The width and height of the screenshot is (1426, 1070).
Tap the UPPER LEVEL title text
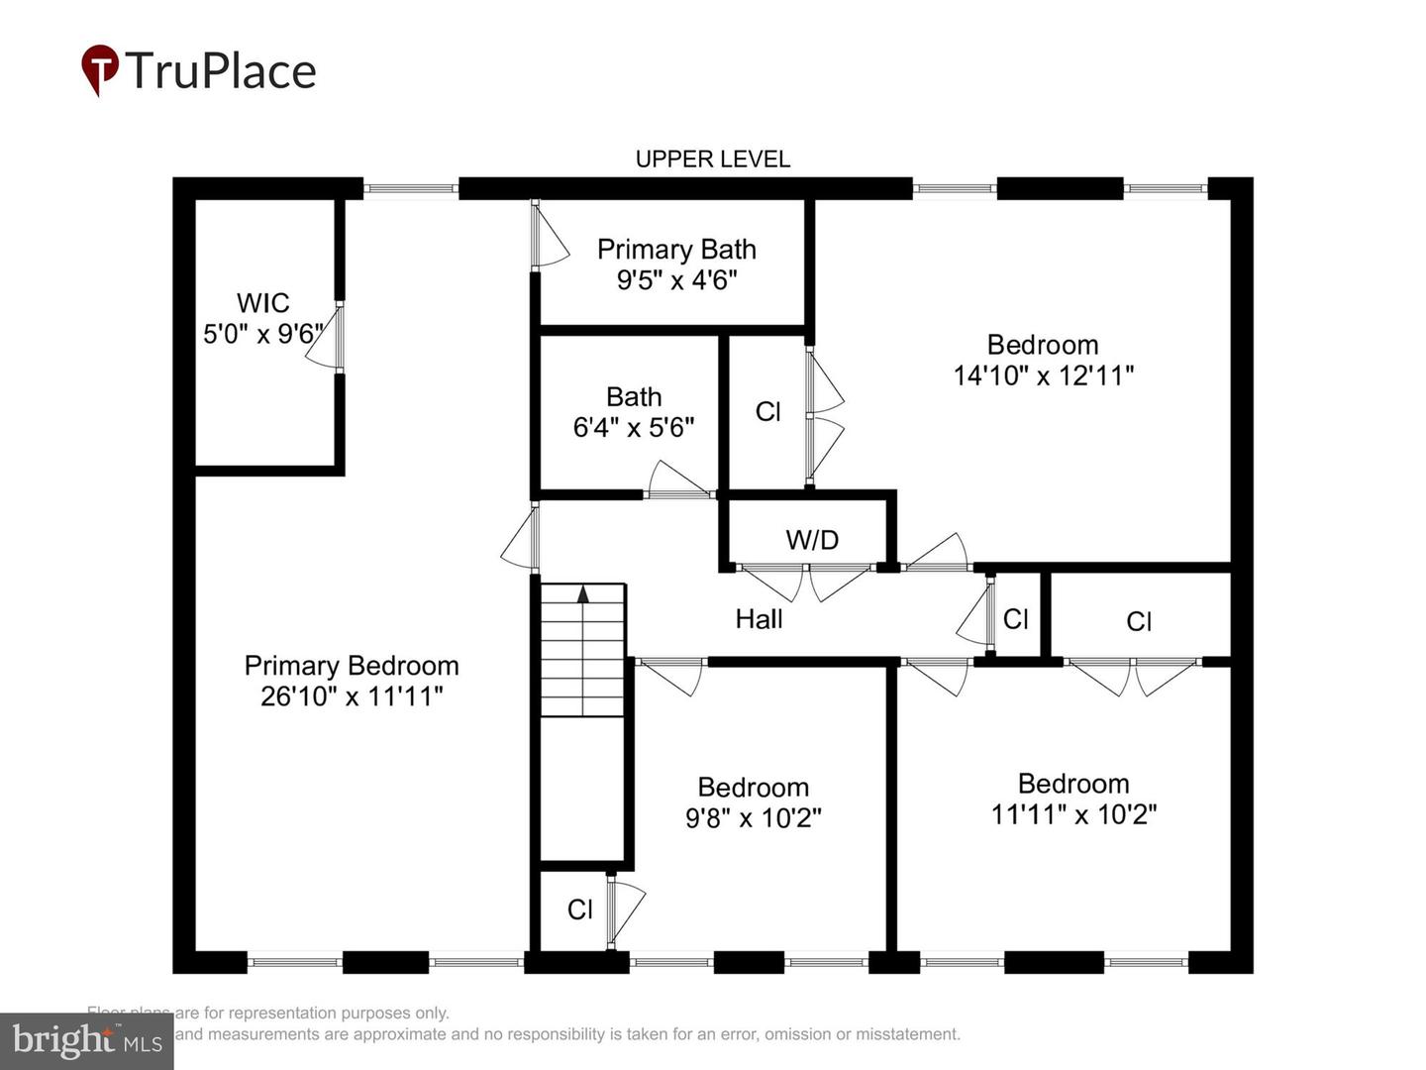[x=712, y=159]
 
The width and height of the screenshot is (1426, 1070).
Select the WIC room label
[x=262, y=302]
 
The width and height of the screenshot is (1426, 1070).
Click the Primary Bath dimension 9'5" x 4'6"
[x=676, y=280]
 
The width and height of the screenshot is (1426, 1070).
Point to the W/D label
[x=812, y=540]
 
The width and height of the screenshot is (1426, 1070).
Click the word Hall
[x=759, y=619]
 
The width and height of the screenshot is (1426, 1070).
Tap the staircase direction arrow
[x=583, y=593]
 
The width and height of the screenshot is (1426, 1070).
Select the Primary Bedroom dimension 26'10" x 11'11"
[x=352, y=696]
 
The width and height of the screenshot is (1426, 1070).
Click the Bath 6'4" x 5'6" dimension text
[x=634, y=427]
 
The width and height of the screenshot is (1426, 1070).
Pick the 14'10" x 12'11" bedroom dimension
[x=1043, y=375]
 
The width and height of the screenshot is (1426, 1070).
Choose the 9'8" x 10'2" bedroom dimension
[x=754, y=818]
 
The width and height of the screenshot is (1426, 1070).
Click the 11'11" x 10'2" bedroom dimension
[x=1073, y=814]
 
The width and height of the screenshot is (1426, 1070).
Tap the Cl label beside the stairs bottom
[x=580, y=909]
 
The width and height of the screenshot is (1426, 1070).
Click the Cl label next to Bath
[x=768, y=411]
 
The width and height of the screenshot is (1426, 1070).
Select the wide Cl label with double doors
[x=1139, y=621]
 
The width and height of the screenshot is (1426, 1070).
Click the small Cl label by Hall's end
[x=1016, y=619]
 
